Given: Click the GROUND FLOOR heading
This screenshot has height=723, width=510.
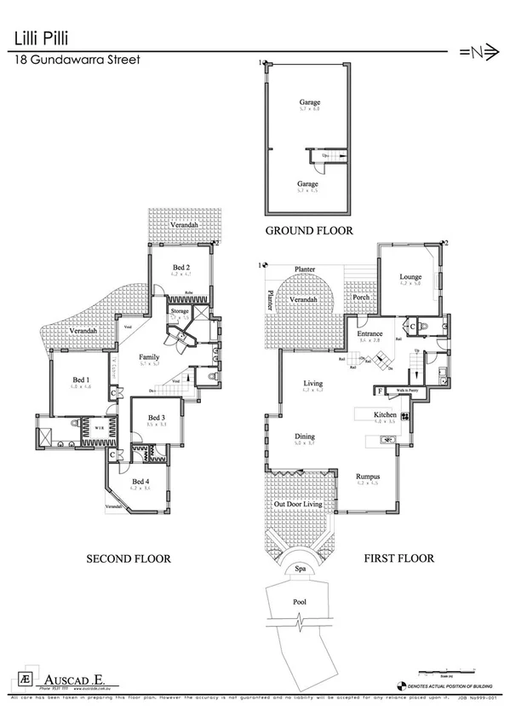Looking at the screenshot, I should [308, 231].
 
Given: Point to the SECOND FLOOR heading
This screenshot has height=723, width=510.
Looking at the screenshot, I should [129, 558].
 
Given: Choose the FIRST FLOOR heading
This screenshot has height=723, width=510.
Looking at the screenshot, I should [400, 558].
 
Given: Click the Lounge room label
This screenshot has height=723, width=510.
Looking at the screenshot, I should [412, 277].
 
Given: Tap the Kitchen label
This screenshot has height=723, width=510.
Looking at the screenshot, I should [385, 415].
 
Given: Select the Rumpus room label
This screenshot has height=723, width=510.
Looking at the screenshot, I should [368, 477].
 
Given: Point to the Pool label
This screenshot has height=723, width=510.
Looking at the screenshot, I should [300, 601].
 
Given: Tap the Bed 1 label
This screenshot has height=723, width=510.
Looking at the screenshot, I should [81, 379].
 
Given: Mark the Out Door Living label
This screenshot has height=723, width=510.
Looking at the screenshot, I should [297, 505].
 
